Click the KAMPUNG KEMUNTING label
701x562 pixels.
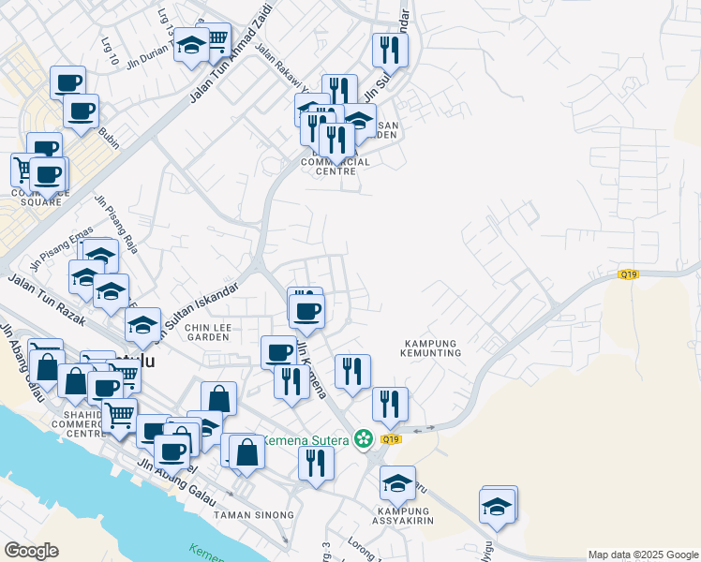click(x=432, y=348)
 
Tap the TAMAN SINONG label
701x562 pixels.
click(x=254, y=515)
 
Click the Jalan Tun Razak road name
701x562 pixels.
click(x=47, y=300)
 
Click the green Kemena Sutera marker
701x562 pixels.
click(x=363, y=438)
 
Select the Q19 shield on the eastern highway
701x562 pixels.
click(x=628, y=274)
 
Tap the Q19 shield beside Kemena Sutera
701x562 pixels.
click(x=391, y=438)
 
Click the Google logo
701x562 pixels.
click(x=31, y=551)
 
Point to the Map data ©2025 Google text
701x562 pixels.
click(x=643, y=555)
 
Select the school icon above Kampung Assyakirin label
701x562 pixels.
click(x=397, y=483)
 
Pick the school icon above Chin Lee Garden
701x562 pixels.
click(x=142, y=324)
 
